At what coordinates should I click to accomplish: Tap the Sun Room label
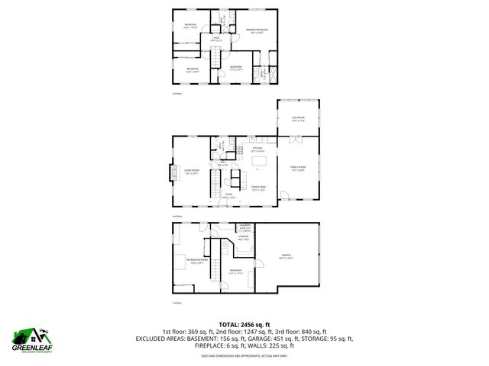coord(297,118)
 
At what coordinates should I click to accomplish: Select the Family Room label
coord(297,168)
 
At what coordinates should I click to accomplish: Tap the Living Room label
coord(192,172)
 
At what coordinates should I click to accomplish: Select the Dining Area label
coord(258,188)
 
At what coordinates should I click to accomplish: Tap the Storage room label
coord(244,238)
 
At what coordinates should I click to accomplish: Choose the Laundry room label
coord(245,226)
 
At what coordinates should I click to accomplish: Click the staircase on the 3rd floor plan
coord(215,57)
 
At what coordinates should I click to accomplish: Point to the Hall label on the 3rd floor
coord(215,38)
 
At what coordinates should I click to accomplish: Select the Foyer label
coord(228,196)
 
